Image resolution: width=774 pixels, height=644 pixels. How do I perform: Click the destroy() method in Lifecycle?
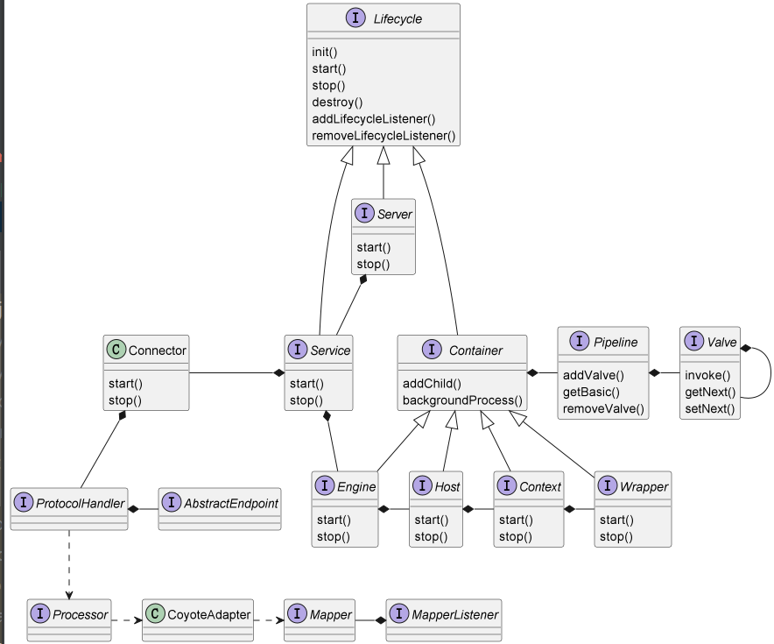(x=337, y=103)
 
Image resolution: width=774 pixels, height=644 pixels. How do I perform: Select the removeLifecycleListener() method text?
(x=383, y=136)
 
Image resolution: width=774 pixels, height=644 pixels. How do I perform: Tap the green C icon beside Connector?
(x=116, y=350)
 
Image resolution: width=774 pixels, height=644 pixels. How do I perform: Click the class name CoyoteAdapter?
(x=208, y=614)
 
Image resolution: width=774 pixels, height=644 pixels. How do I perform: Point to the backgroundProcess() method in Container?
(x=462, y=400)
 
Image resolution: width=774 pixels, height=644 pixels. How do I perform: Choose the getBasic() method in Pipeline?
(x=591, y=392)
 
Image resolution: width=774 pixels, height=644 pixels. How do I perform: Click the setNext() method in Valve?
(x=709, y=408)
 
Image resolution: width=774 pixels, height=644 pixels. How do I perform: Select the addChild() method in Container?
(x=432, y=383)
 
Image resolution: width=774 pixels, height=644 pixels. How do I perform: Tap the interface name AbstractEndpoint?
(x=231, y=503)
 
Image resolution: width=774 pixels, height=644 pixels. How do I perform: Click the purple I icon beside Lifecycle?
(x=355, y=18)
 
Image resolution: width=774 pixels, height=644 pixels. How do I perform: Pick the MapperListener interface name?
(x=454, y=614)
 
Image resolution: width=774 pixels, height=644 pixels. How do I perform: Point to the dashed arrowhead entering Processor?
(x=69, y=595)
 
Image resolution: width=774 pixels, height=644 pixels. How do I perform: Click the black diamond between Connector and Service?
(x=279, y=373)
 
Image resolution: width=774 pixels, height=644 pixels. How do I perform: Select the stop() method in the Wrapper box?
(x=616, y=536)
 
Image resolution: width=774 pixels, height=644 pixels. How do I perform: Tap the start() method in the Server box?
(x=374, y=247)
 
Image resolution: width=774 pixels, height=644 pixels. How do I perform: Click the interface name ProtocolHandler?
(x=80, y=503)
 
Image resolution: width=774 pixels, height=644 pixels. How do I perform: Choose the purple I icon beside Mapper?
(x=297, y=613)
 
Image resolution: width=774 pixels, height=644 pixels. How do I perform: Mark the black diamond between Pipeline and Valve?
(x=655, y=373)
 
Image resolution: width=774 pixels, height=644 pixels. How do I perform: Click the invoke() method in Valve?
(x=707, y=375)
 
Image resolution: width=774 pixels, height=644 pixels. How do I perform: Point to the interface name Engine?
(x=355, y=486)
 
